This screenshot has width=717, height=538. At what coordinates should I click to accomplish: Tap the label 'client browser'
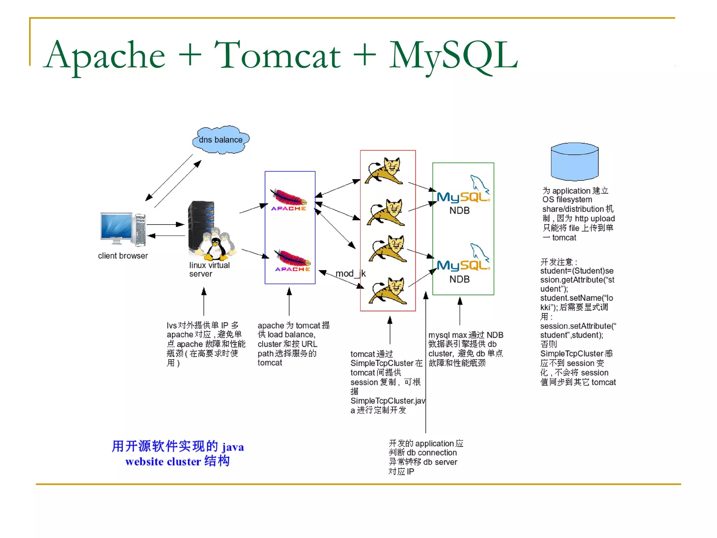(123, 256)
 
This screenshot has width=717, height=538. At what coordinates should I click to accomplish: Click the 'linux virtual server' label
(209, 269)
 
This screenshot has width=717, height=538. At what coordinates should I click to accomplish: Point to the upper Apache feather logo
(288, 199)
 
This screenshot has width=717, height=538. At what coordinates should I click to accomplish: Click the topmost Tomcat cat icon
(385, 171)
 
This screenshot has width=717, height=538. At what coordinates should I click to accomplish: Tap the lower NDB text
(459, 279)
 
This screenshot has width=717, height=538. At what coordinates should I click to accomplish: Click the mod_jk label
(350, 274)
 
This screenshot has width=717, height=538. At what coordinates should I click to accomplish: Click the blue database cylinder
(574, 162)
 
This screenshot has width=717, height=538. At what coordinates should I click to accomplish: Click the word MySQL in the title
(453, 55)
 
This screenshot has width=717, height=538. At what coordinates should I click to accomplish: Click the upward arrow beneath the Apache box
(289, 301)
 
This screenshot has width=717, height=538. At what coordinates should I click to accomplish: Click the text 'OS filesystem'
(567, 200)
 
